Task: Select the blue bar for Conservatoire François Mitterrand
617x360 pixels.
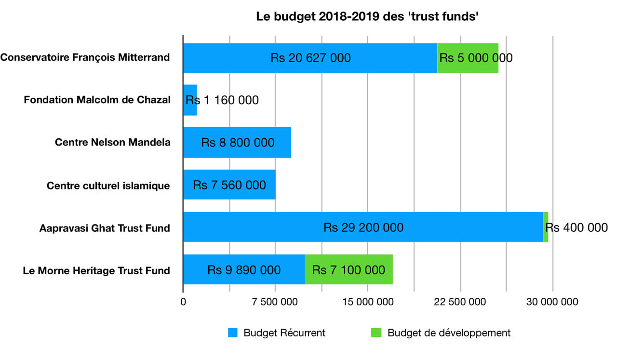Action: point(310,58)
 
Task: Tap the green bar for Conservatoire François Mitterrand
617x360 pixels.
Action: point(468,58)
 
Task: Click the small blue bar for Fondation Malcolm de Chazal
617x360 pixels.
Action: point(190,100)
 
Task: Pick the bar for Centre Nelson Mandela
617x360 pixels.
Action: point(237,143)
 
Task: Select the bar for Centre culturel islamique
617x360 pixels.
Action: point(229,185)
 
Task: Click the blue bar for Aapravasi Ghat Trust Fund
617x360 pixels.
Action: point(362,227)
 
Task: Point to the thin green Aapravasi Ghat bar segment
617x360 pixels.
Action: point(546,227)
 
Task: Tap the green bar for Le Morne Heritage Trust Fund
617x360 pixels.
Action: point(349,269)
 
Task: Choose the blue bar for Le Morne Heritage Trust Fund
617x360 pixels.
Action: point(243,269)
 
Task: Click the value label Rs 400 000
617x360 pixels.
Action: point(579,227)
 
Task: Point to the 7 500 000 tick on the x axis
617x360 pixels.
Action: point(275,302)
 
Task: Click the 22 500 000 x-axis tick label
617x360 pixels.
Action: point(460,302)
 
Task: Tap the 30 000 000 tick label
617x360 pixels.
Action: point(552,302)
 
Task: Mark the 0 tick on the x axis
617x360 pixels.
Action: point(183,302)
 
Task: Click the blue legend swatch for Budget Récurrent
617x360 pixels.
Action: point(233,333)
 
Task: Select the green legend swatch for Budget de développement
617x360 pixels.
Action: point(376,333)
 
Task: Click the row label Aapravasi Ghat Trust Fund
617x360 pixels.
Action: point(105,228)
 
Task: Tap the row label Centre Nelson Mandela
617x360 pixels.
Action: point(112,143)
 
